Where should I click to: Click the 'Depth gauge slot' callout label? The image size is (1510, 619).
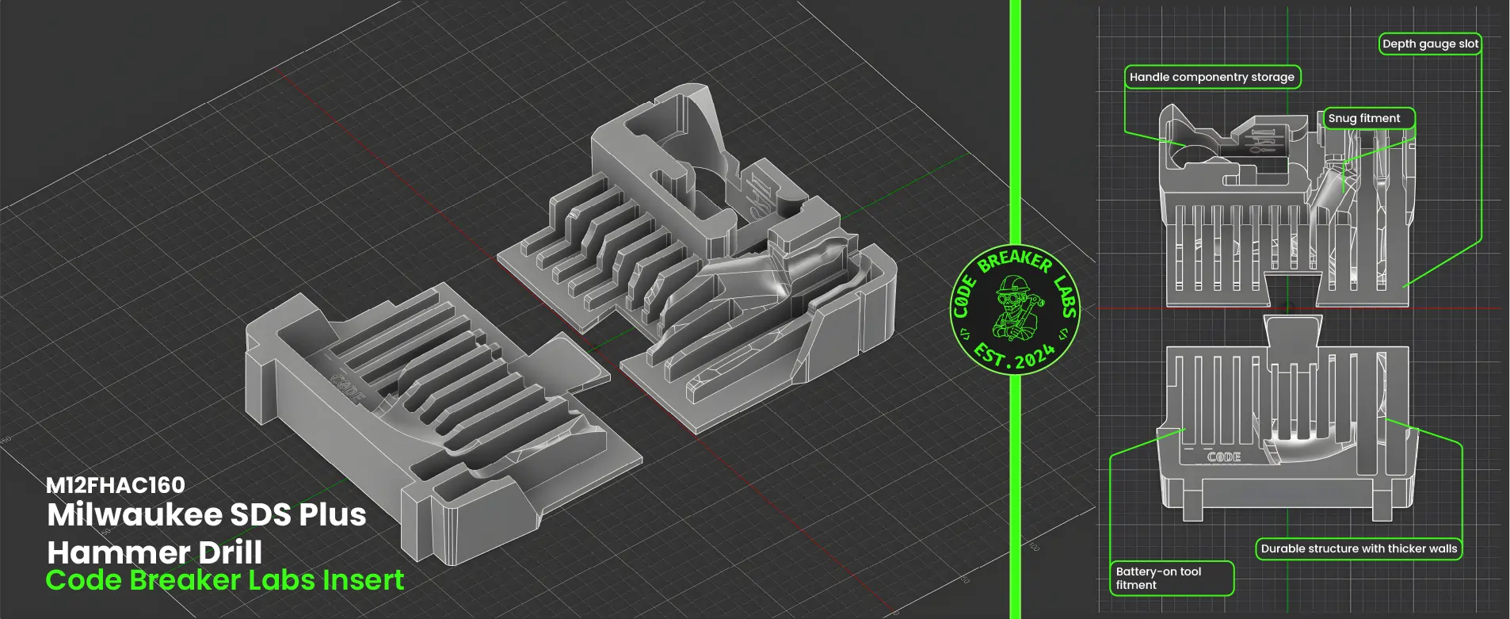[x=1430, y=44]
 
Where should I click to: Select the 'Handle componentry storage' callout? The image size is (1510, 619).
[x=1212, y=77]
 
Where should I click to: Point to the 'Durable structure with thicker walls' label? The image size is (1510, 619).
[x=1359, y=548]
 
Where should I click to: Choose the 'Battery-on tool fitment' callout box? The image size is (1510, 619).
[x=1172, y=578]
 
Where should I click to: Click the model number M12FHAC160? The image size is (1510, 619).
[x=116, y=485]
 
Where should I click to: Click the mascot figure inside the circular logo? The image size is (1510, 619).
[x=1014, y=308]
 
